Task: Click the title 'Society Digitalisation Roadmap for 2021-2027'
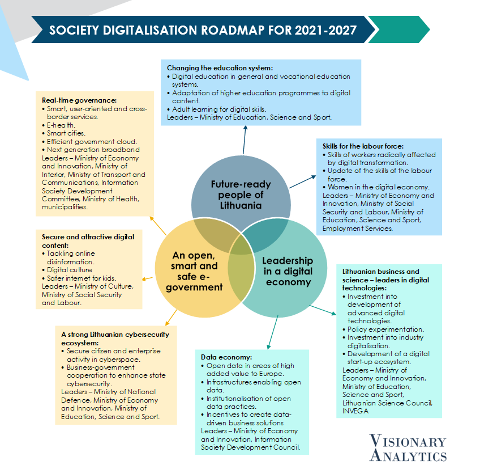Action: [203, 30]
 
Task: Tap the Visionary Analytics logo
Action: [408, 448]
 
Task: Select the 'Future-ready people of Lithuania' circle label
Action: [241, 195]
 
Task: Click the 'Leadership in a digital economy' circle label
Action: [288, 271]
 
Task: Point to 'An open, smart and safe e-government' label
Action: [194, 271]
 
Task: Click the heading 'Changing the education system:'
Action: [220, 68]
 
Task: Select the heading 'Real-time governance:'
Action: [79, 100]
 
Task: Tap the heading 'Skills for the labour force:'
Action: [363, 146]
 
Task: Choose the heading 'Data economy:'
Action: [226, 357]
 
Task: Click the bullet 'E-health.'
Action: [59, 125]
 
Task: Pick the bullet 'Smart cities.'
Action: [64, 133]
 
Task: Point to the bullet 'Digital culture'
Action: [67, 270]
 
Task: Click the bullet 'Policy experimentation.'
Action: [383, 329]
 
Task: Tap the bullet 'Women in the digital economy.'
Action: [376, 187]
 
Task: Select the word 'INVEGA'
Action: [355, 411]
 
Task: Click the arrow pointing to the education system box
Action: [245, 140]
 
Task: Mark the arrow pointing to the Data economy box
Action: [273, 332]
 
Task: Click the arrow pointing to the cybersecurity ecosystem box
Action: [171, 318]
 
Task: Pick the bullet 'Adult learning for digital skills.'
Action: [217, 109]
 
